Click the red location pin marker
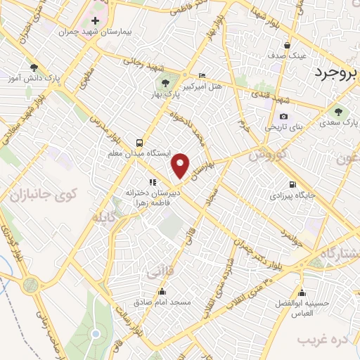[x=181, y=165]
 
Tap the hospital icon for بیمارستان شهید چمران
[x=96, y=21]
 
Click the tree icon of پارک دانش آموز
[x=33, y=68]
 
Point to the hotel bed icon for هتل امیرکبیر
[x=202, y=75]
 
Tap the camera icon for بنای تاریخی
[x=283, y=116]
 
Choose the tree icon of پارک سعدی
[x=338, y=110]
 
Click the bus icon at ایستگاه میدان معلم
[x=140, y=141]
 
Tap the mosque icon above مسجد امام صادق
[x=163, y=292]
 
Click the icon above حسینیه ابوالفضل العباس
[x=302, y=293]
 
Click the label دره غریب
[x=323, y=340]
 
